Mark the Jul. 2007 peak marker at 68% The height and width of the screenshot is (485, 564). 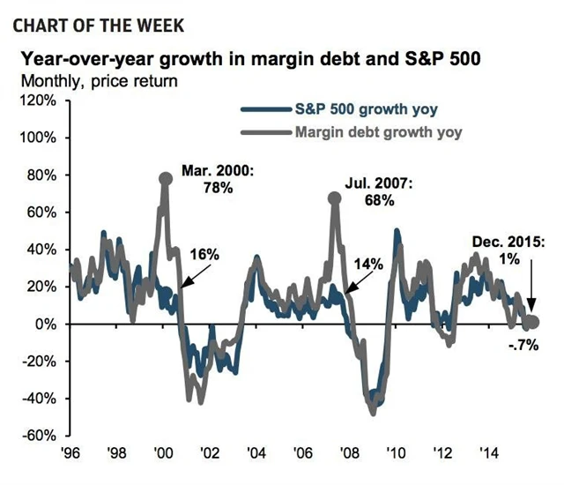click(334, 198)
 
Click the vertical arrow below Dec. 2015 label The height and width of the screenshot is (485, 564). click(531, 291)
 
